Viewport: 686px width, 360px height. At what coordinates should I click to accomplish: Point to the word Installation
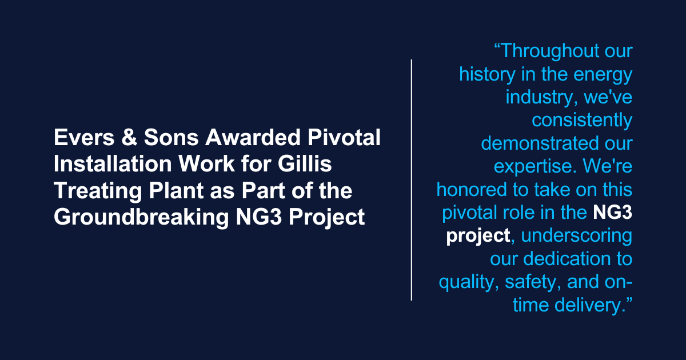pyautogui.click(x=107, y=165)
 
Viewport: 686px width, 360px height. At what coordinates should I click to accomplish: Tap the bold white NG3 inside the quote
pyautogui.click(x=612, y=213)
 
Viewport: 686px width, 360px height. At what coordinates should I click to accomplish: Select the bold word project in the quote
pyautogui.click(x=478, y=236)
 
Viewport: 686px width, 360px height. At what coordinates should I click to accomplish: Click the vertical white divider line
pyautogui.click(x=412, y=179)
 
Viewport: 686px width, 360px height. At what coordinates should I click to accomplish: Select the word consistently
pyautogui.click(x=582, y=121)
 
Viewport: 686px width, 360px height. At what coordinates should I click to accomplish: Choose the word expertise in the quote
pyautogui.click(x=532, y=166)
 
